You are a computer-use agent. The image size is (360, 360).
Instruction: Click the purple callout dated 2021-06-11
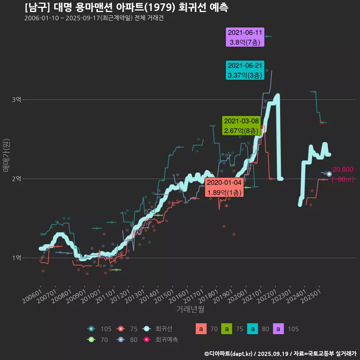coord(245,37)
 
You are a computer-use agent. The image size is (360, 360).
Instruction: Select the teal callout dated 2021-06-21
coord(245,70)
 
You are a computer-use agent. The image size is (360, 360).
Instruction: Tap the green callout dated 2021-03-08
coord(241,126)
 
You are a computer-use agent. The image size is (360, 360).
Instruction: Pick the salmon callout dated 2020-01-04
coord(225,187)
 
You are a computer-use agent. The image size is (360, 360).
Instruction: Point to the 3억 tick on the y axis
coord(16,100)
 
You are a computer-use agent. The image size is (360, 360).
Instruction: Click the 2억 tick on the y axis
coord(16,179)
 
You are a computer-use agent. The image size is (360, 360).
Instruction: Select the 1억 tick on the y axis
coord(16,258)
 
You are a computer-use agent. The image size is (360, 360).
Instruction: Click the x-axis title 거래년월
coord(190,309)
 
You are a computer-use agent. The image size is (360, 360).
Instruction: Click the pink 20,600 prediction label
coord(343,170)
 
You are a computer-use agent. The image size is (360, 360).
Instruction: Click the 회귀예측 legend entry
coord(161,340)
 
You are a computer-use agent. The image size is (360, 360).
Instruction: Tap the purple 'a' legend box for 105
coord(278,329)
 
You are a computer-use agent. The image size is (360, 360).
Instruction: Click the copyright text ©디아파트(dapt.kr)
coord(229,354)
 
